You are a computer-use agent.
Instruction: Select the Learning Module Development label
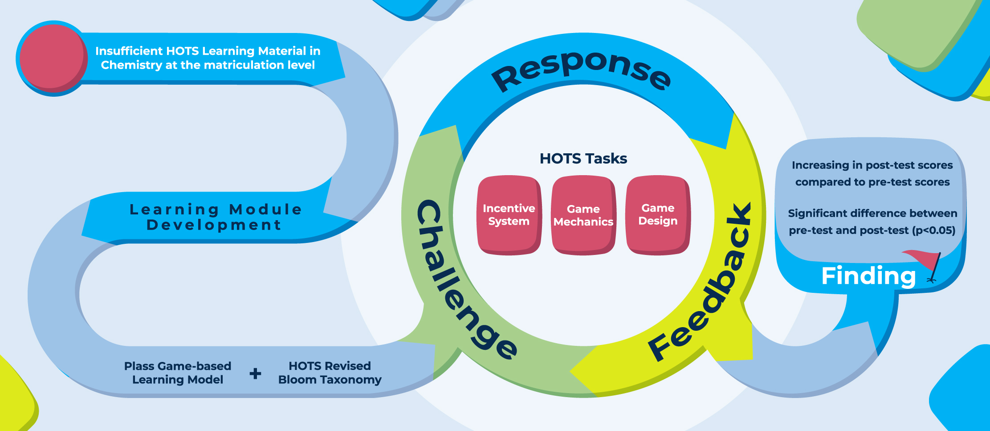(x=215, y=217)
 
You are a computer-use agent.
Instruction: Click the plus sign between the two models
(x=255, y=373)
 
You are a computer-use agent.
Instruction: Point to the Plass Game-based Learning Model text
(x=178, y=373)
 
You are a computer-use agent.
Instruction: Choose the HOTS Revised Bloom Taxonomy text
(x=330, y=373)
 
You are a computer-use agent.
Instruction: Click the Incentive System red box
(x=509, y=215)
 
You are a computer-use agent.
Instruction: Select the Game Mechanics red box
(x=583, y=215)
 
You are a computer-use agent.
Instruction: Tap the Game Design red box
(x=658, y=214)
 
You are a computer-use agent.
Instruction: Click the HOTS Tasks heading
(x=583, y=159)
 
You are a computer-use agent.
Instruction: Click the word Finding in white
(x=868, y=276)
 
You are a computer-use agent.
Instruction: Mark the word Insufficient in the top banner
(x=129, y=51)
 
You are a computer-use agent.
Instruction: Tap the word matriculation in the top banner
(x=244, y=66)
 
